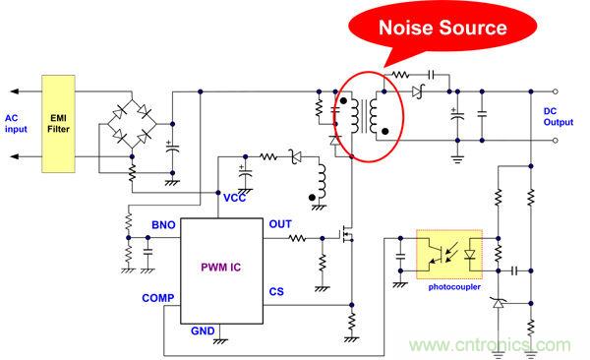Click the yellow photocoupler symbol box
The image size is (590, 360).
point(453,255)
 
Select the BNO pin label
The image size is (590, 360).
point(163,225)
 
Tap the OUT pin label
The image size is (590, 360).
point(279,224)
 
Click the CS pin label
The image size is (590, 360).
point(277,291)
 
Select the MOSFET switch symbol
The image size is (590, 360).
point(345,238)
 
